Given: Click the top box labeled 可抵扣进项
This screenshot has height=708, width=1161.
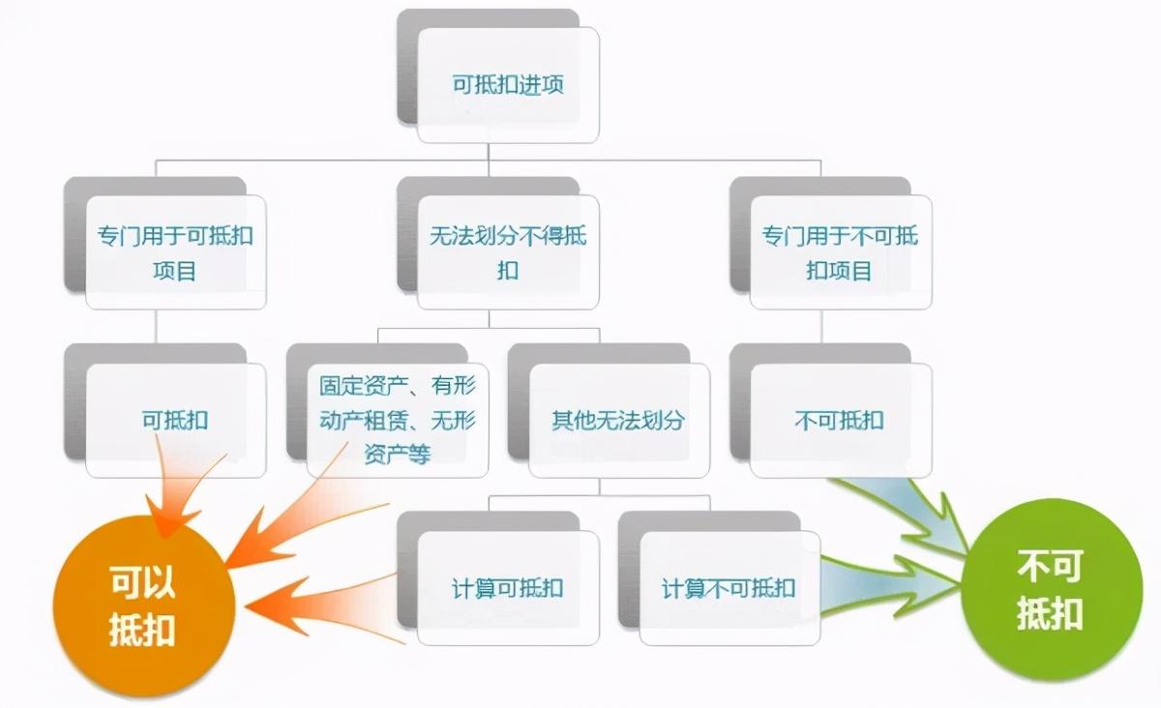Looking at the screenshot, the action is pos(508,85).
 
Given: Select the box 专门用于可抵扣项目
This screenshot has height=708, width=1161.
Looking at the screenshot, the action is pos(175,252).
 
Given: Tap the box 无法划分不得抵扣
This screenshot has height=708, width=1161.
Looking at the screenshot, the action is pos(508,252).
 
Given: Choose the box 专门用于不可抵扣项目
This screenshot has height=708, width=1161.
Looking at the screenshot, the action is pos(840,252).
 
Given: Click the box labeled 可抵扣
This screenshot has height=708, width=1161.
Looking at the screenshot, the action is pos(175,421).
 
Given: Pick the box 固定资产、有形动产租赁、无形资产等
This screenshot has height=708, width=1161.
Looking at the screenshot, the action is pos(398,421).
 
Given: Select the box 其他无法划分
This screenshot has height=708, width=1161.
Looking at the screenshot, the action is pos(618,421).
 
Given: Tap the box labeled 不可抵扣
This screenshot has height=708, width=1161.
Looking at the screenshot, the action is pos(840,421).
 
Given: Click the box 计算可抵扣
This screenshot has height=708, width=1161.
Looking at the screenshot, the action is pos(508,588).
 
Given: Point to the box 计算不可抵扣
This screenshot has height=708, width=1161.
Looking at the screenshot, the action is pos(729,588).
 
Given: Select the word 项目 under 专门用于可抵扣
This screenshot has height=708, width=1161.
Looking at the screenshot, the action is pos(175,270).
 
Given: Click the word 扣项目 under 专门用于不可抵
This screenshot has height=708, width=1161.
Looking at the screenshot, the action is pos(840,270).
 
